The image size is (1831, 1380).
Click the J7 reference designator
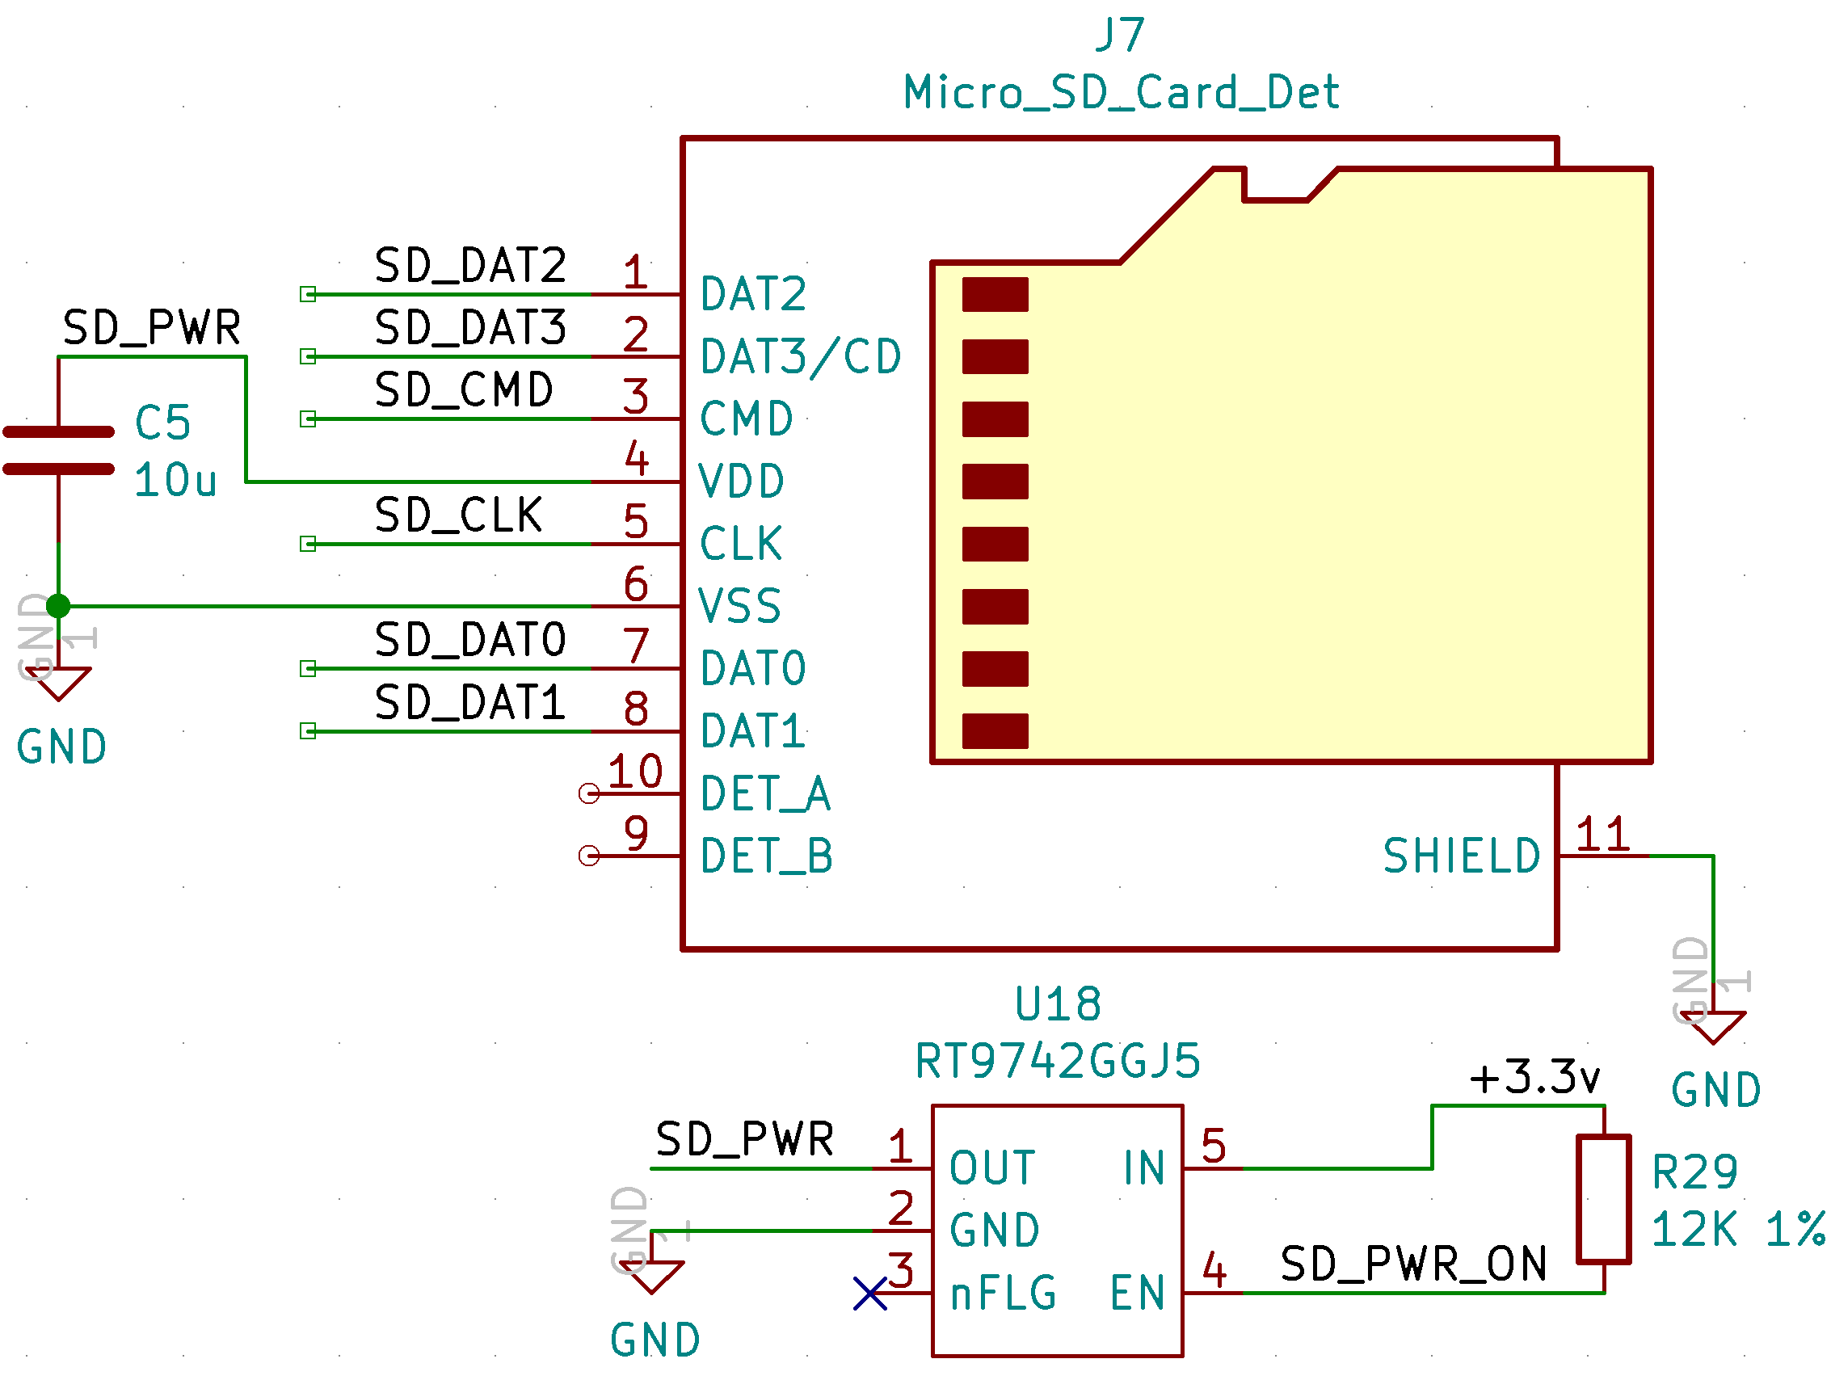pyautogui.click(x=1120, y=35)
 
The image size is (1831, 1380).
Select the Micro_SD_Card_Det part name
pyautogui.click(x=1120, y=92)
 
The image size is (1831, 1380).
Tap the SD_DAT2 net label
pyautogui.click(x=470, y=266)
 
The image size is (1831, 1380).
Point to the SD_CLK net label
pyautogui.click(x=459, y=515)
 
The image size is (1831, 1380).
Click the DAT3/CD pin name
pyautogui.click(x=801, y=357)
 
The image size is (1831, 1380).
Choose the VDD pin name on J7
pyautogui.click(x=741, y=482)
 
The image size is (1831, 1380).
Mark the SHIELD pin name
pyautogui.click(x=1461, y=856)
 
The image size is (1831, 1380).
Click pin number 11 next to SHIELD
pyautogui.click(x=1602, y=834)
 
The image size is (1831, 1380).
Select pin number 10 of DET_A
pyautogui.click(x=635, y=772)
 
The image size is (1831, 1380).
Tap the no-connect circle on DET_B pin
pyautogui.click(x=589, y=855)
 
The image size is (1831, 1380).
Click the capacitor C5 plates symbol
pyautogui.click(x=58, y=450)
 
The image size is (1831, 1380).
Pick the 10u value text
pyautogui.click(x=175, y=480)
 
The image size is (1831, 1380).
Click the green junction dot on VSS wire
pyautogui.click(x=58, y=606)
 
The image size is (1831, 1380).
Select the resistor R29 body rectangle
pyautogui.click(x=1603, y=1200)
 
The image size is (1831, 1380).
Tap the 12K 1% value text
pyautogui.click(x=1737, y=1230)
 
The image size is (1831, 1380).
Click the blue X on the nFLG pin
pyautogui.click(x=870, y=1294)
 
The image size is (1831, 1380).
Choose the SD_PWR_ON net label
pyautogui.click(x=1413, y=1264)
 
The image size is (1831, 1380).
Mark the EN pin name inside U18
pyautogui.click(x=1138, y=1294)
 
